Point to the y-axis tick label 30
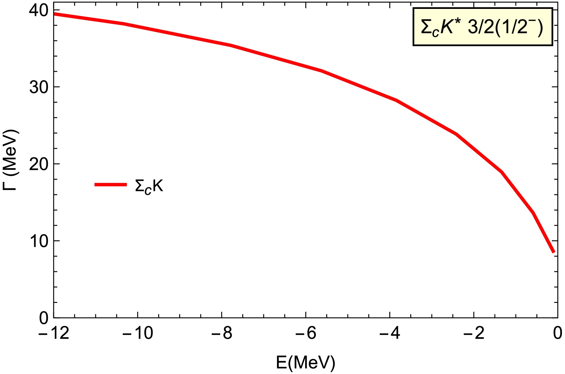pyautogui.click(x=39, y=88)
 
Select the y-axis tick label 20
pyautogui.click(x=39, y=165)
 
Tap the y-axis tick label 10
pyautogui.click(x=39, y=242)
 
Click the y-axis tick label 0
pyautogui.click(x=44, y=319)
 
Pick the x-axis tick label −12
pyautogui.click(x=54, y=333)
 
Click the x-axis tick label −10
pyautogui.click(x=137, y=333)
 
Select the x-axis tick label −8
pyautogui.click(x=222, y=333)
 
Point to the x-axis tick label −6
pyautogui.click(x=305, y=333)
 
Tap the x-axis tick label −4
pyautogui.click(x=390, y=333)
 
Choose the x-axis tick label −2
pyautogui.click(x=473, y=333)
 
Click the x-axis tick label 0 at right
pyautogui.click(x=558, y=333)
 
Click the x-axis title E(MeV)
pyautogui.click(x=305, y=363)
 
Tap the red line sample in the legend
pyautogui.click(x=110, y=185)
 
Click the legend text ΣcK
pyautogui.click(x=149, y=186)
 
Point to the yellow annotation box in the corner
pyautogui.click(x=482, y=27)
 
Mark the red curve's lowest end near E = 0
pyautogui.click(x=554, y=252)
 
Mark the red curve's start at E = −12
pyautogui.click(x=54, y=14)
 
